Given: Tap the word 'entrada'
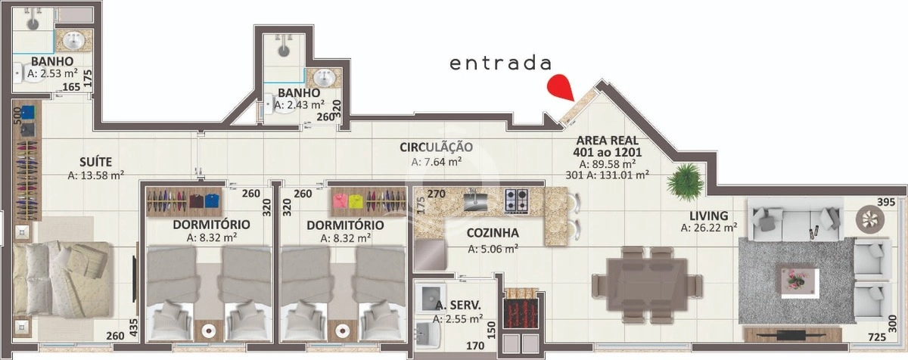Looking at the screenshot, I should pyautogui.click(x=499, y=63).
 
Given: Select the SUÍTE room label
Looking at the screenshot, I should pyautogui.click(x=96, y=161).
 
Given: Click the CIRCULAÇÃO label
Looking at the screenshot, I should pyautogui.click(x=437, y=147).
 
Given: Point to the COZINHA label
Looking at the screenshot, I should pyautogui.click(x=493, y=234).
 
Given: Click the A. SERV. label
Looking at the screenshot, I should pyautogui.click(x=459, y=306).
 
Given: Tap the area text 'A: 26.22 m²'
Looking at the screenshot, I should pyautogui.click(x=708, y=227).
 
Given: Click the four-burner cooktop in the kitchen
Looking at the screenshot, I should pyautogui.click(x=518, y=200).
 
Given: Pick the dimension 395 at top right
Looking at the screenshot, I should pyautogui.click(x=886, y=202).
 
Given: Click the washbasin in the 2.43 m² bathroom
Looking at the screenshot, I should pyautogui.click(x=325, y=78).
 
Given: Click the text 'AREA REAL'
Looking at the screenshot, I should pyautogui.click(x=607, y=140).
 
